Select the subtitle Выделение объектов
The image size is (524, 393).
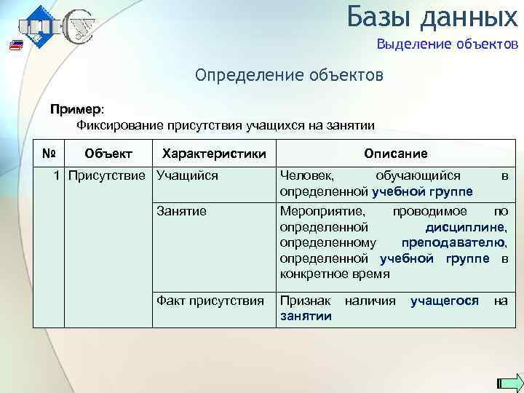click(x=448, y=45)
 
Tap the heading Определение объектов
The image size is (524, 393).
click(x=288, y=76)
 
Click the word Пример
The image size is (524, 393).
click(x=76, y=109)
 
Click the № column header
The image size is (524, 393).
click(x=49, y=154)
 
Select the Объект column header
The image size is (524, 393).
click(x=108, y=154)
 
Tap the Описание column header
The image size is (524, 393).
click(x=395, y=154)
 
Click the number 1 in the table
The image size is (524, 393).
click(x=57, y=175)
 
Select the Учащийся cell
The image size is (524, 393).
click(x=188, y=175)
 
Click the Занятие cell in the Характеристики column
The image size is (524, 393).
click(x=182, y=211)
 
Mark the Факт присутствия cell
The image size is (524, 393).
click(x=211, y=300)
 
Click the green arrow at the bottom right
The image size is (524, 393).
click(x=510, y=384)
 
